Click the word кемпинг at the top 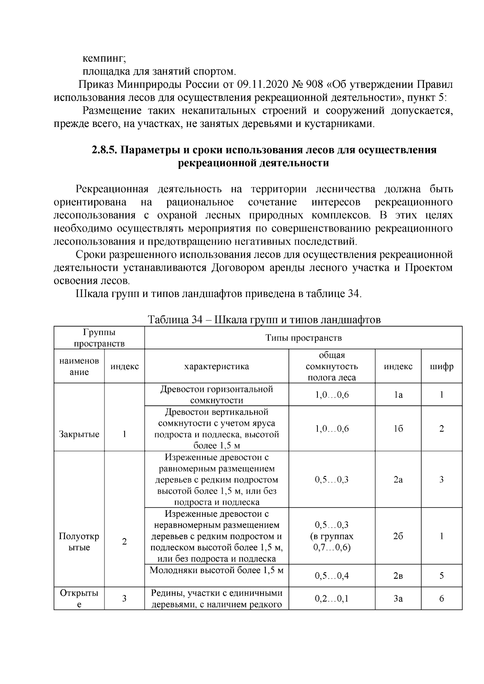104,58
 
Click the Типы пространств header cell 303,338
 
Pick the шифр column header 442,366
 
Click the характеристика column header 217,366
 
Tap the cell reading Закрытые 79,434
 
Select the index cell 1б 398,428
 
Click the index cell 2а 398,479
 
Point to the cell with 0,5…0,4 332,576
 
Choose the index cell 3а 398,599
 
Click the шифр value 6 442,599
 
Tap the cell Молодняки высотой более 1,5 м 217,570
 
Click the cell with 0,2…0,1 332,599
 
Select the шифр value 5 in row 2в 442,576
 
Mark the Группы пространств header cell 99,338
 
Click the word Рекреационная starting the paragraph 112,189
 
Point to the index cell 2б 398,536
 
